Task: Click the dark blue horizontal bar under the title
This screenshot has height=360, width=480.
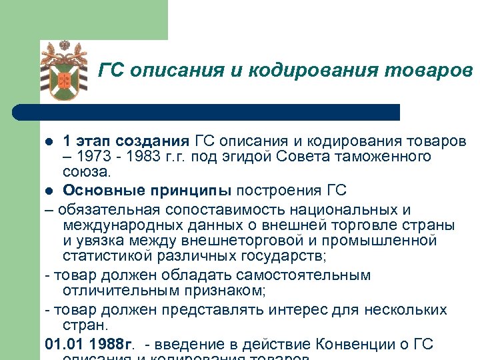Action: tap(207, 112)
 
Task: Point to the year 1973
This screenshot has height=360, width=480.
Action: tap(92, 157)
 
